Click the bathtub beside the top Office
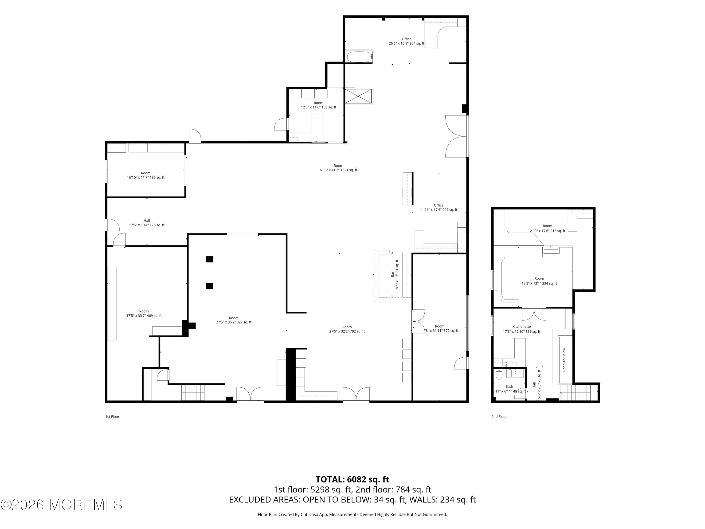point(360,57)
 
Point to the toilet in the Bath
point(499,375)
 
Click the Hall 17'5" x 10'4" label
point(147,223)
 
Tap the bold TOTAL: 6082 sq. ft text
point(352,479)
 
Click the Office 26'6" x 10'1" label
point(406,41)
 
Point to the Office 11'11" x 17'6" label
point(439,208)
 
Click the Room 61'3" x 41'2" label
point(338,168)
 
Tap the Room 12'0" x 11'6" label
point(318,105)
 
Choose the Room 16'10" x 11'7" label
point(146,175)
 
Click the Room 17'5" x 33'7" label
point(144,313)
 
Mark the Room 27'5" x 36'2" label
point(234,320)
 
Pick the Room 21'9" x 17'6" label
point(547,228)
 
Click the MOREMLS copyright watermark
point(61,505)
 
